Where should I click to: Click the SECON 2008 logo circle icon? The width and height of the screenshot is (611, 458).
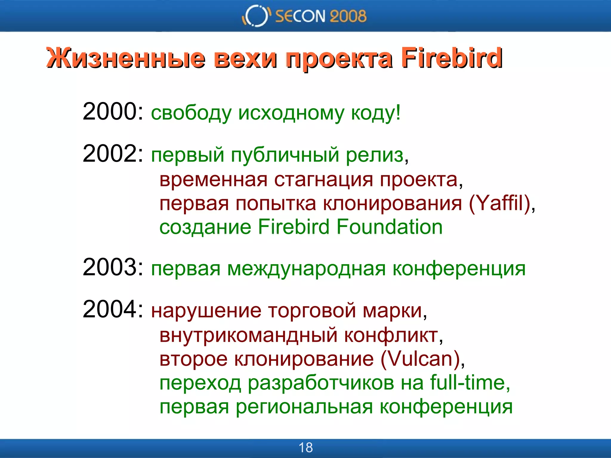tap(256, 16)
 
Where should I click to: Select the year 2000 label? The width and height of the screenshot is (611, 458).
tap(109, 112)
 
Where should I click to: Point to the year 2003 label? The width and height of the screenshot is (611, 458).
tap(109, 267)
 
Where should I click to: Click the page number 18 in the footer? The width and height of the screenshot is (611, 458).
tap(305, 448)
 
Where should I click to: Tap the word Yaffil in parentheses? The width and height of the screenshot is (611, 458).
tap(499, 203)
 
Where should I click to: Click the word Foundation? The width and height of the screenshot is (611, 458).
tap(389, 227)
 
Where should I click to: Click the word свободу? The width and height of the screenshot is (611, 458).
tap(191, 113)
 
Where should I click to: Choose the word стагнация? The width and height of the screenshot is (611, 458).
tap(323, 180)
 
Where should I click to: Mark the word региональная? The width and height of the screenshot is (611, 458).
tap(304, 407)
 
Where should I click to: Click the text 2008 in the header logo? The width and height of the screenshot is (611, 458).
tap(348, 16)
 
